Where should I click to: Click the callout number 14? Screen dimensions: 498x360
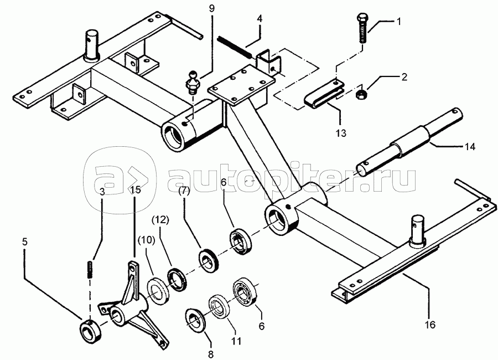point(470,147)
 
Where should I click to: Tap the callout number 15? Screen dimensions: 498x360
point(134,189)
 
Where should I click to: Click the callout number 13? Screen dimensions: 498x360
point(341,132)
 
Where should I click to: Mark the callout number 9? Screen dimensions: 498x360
point(211,9)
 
